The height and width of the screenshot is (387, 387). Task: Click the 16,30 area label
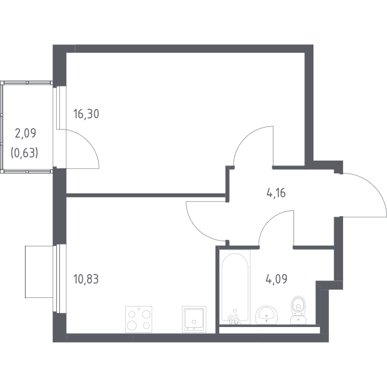(86, 114)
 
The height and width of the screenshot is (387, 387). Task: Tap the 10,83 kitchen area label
(86, 279)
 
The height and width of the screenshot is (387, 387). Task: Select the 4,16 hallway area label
(276, 193)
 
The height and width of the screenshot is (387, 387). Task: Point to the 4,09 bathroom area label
(277, 279)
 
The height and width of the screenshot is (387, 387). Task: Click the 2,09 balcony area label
(25, 134)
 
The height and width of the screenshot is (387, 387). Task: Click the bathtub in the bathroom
(235, 287)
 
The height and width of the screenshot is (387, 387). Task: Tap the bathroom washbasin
(266, 315)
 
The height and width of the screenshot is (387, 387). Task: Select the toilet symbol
(298, 310)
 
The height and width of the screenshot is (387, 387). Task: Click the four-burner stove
(139, 319)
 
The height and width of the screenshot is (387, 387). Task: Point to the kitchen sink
(194, 319)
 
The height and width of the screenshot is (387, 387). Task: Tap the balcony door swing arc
(90, 143)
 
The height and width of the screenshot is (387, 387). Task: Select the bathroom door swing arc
(268, 221)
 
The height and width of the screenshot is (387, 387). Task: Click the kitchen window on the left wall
(59, 279)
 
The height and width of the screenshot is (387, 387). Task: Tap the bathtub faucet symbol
(233, 318)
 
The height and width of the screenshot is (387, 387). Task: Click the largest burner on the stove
(132, 326)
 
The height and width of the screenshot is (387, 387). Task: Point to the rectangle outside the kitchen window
(39, 272)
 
